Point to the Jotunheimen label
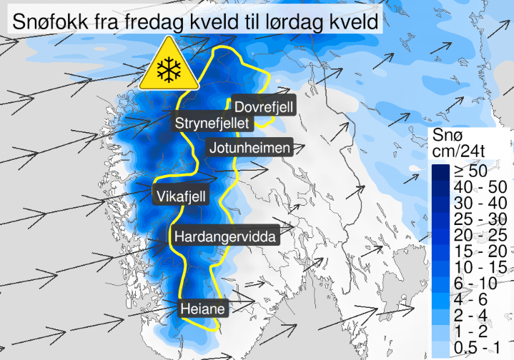tap(249, 149)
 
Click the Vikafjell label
tap(181, 195)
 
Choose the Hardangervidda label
tap(224, 235)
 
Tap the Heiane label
tap(204, 309)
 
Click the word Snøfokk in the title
tap(50, 22)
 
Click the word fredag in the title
tap(146, 22)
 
